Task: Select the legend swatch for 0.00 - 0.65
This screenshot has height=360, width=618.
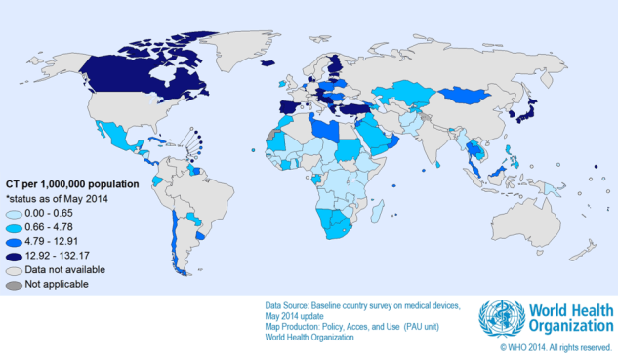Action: tap(16, 213)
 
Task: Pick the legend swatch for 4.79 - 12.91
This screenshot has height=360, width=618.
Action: tap(16, 241)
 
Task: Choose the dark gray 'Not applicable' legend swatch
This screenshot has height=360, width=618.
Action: tap(16, 284)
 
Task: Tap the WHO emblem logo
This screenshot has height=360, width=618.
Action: tap(500, 318)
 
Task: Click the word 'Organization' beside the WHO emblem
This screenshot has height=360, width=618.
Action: tap(570, 326)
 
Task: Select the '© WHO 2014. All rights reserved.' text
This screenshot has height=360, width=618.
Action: tap(556, 347)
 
